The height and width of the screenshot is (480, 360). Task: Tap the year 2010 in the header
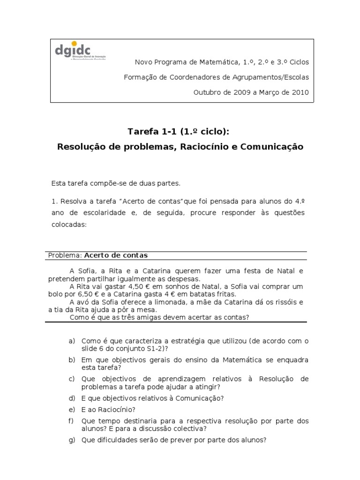click(300, 92)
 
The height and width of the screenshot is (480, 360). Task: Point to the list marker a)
click(72, 341)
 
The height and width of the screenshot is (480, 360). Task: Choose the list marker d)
click(72, 398)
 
